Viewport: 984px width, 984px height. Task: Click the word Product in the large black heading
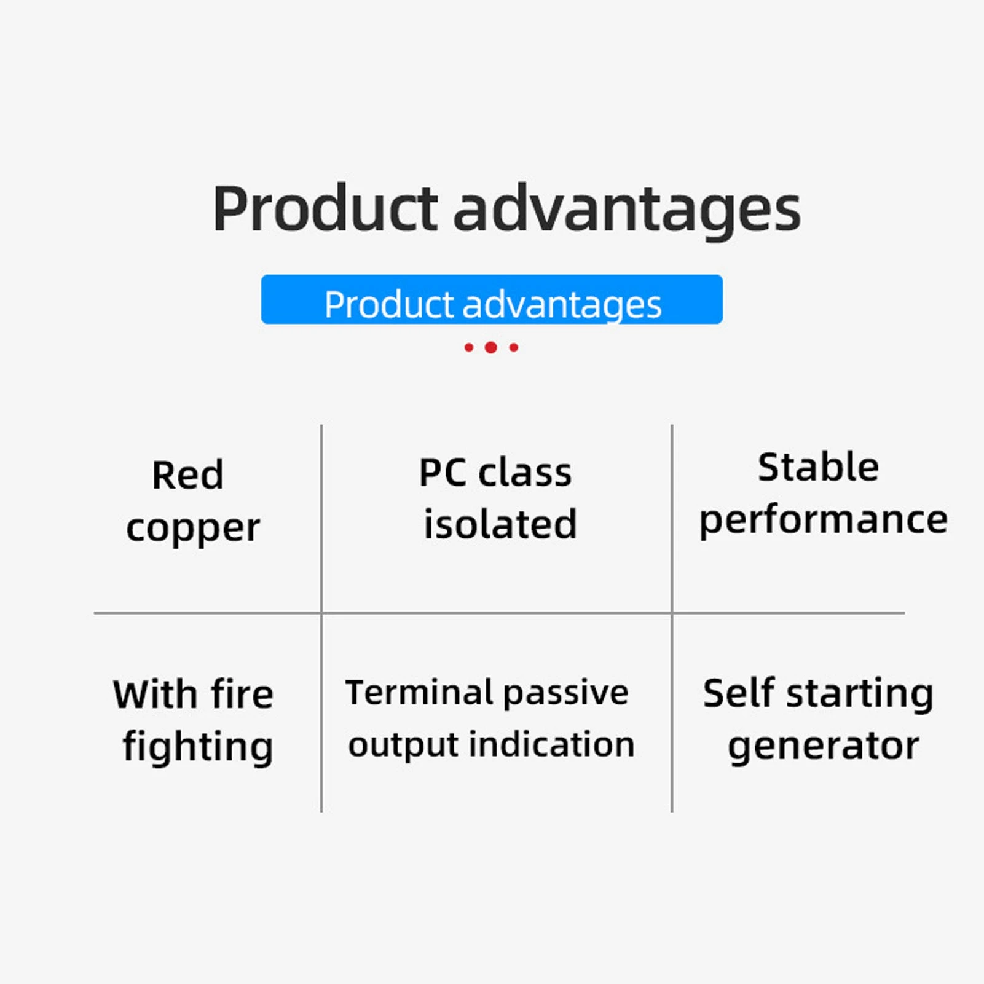[x=325, y=209]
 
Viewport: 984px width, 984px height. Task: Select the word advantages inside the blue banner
[x=562, y=305]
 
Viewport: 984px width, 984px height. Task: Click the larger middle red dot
[x=490, y=347]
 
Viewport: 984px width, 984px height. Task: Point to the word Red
[x=188, y=475]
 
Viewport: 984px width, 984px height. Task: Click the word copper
[x=193, y=529]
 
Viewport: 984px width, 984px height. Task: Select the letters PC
[x=443, y=473]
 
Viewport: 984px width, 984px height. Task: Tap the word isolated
[x=500, y=524]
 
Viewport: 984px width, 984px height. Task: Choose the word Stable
[x=818, y=467]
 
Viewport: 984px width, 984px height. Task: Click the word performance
[x=824, y=521]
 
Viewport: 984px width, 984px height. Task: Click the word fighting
[x=198, y=747]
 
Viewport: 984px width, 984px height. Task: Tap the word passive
[x=565, y=694]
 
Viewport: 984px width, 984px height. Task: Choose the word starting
[x=860, y=695]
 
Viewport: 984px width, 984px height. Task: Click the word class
[x=525, y=473]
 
